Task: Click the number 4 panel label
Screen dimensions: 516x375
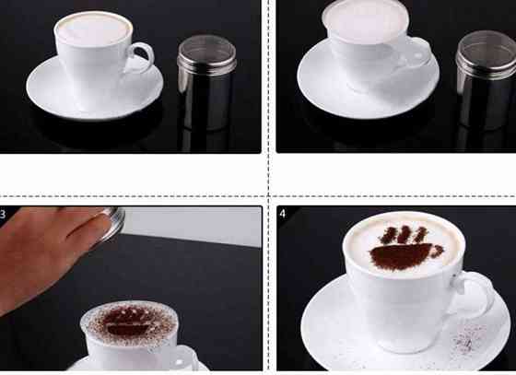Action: click(283, 214)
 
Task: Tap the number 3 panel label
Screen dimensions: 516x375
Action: click(3, 215)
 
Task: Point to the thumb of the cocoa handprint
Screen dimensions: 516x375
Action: click(437, 251)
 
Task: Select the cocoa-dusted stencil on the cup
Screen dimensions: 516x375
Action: click(130, 322)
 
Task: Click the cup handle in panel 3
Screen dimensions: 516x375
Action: click(183, 358)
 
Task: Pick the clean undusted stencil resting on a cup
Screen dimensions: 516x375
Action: click(365, 20)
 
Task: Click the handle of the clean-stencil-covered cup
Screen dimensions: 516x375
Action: click(418, 53)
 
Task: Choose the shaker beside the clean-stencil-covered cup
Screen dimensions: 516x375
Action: click(487, 80)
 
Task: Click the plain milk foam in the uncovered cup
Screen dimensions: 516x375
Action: click(94, 29)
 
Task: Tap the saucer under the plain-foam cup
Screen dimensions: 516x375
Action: click(95, 99)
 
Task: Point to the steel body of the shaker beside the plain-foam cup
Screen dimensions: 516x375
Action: click(206, 102)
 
